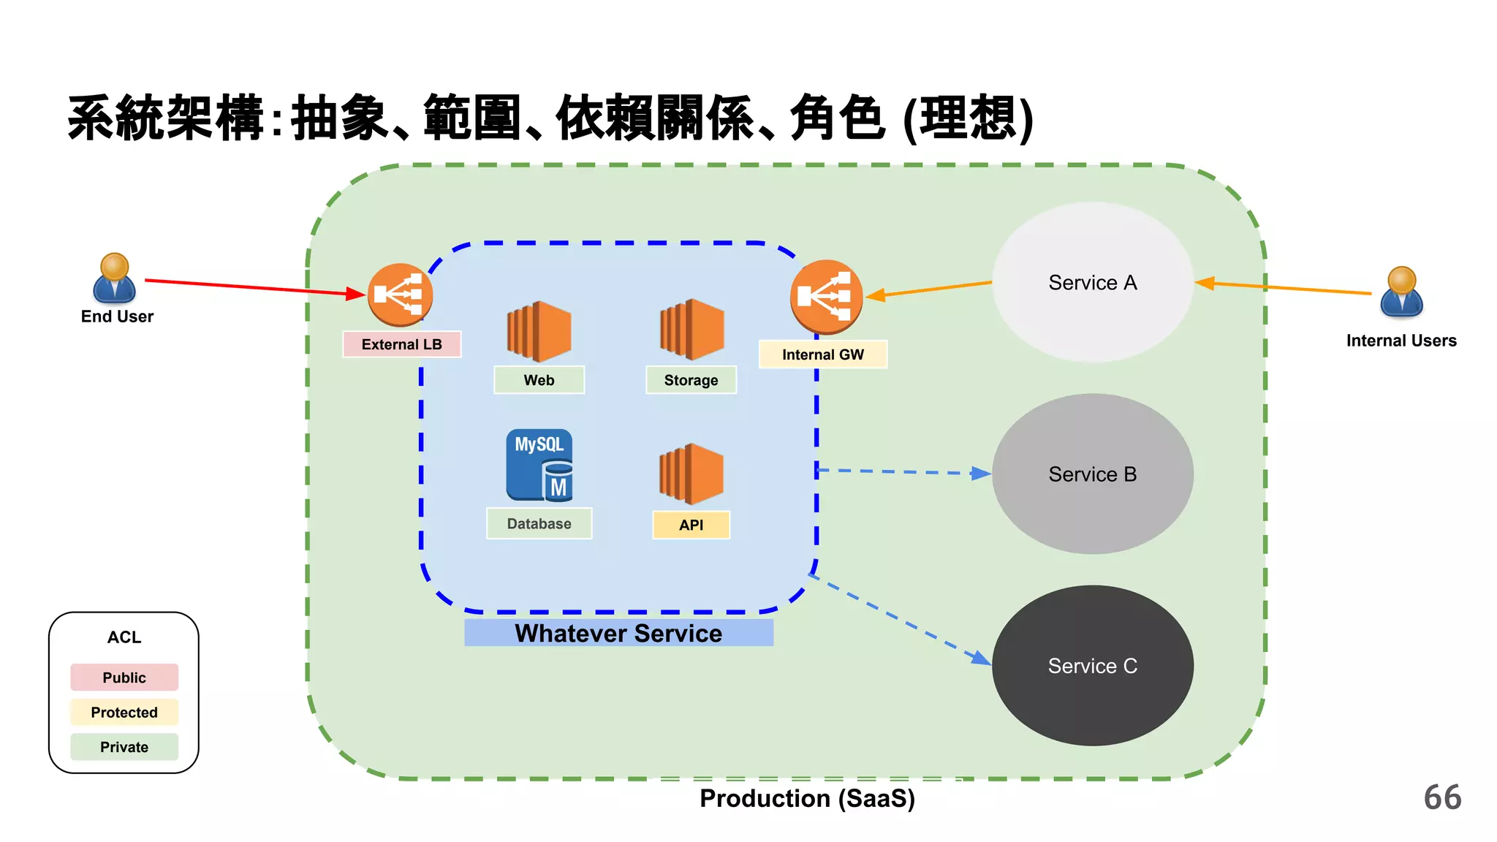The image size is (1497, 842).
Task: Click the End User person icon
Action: (x=115, y=278)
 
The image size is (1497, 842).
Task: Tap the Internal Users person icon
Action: (x=1401, y=292)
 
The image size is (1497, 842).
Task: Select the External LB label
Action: (x=401, y=344)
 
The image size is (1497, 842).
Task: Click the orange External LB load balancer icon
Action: (x=400, y=295)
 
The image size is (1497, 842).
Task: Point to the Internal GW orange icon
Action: (x=826, y=296)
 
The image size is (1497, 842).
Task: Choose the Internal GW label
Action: (x=822, y=354)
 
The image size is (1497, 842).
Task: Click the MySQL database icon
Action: (x=539, y=465)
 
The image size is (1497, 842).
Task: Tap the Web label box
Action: (x=539, y=380)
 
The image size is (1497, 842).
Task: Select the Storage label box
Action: (x=691, y=380)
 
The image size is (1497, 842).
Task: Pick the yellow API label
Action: (x=691, y=525)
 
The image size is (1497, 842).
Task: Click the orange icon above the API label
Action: (x=691, y=474)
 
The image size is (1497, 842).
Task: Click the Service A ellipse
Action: (x=1092, y=282)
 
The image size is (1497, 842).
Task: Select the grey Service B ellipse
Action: (x=1092, y=474)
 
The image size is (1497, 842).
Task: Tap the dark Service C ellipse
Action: (x=1092, y=665)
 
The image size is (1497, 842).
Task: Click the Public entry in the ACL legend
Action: (x=124, y=678)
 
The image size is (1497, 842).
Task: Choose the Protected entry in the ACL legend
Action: (x=124, y=712)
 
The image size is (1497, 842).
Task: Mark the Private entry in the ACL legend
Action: (x=124, y=747)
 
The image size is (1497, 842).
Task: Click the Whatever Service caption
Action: (x=618, y=633)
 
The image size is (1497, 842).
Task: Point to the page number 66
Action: (x=1442, y=797)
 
